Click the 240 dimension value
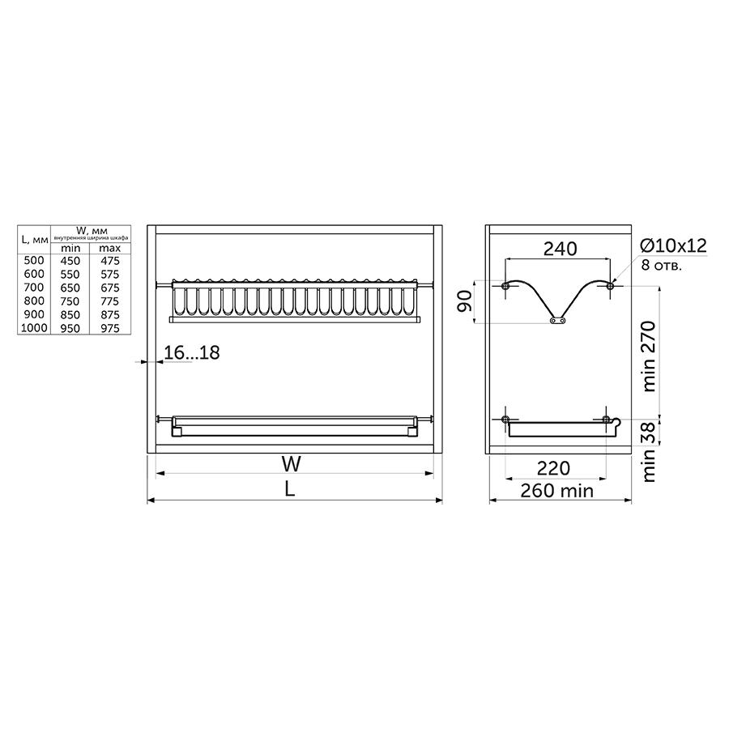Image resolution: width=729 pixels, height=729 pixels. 561,249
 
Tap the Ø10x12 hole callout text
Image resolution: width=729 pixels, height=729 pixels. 673,245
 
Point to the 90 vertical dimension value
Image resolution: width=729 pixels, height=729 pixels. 465,301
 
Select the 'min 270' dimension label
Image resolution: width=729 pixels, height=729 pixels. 649,356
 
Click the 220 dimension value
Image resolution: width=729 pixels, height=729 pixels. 554,468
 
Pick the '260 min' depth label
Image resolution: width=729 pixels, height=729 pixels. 557,491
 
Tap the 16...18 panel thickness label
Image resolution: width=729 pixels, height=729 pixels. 191,353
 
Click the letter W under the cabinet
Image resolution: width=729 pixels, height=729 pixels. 291,464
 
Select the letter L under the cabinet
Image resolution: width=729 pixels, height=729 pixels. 290,489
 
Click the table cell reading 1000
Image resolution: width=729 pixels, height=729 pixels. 34,328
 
